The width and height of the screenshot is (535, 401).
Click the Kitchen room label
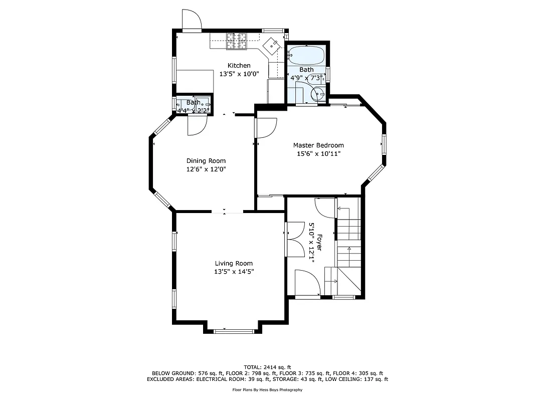pos(239,66)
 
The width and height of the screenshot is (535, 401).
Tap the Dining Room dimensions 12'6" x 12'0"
pos(206,169)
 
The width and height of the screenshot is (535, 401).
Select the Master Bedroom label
pos(318,145)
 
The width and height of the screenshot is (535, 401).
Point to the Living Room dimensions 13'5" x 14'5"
pos(234,272)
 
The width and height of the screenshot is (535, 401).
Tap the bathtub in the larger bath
pos(306,54)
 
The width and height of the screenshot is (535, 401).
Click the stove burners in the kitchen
pos(237,41)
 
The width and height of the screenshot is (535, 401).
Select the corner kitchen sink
pos(273,46)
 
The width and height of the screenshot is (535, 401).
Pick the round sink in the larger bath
pos(318,93)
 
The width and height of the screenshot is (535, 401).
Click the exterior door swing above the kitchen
pos(192,21)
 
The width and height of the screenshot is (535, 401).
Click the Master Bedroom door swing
pos(266,127)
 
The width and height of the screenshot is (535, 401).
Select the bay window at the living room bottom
pos(234,331)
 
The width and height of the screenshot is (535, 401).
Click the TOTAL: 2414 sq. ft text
pos(267,367)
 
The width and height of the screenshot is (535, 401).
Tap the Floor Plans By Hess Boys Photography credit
pos(267,390)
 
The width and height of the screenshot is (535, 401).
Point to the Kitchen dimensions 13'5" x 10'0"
pos(239,74)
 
